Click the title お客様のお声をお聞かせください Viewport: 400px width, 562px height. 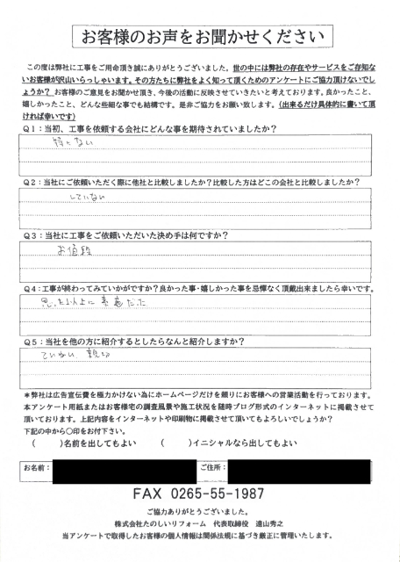(x=200, y=36)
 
